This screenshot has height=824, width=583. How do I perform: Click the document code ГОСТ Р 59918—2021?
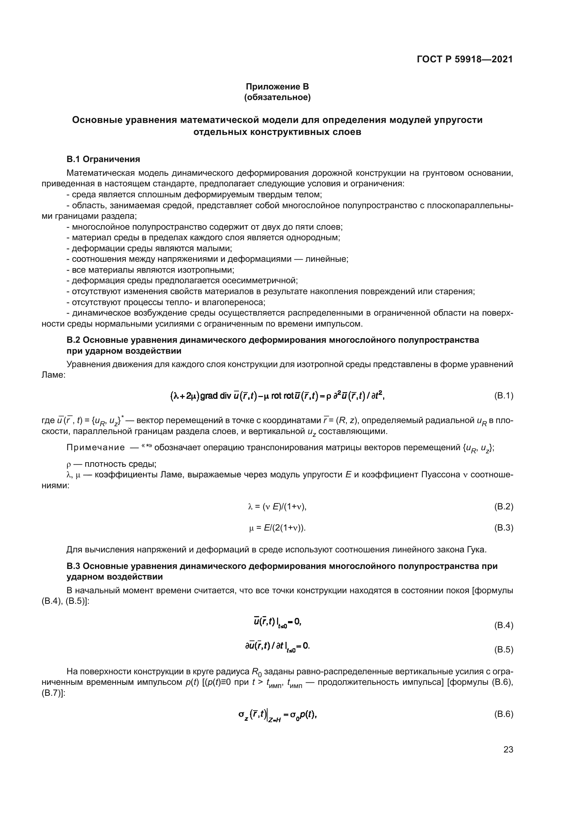tap(465, 59)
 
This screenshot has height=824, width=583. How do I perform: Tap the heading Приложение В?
tap(277, 87)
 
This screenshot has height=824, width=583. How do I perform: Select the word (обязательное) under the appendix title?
tap(277, 97)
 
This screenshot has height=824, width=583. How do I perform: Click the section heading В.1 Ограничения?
tap(103, 159)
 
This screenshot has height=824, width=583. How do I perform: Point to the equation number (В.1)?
tap(503, 396)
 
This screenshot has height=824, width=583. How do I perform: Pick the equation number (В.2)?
tap(503, 506)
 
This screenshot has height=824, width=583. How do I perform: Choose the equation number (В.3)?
tap(503, 528)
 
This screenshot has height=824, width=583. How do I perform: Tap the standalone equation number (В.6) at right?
tap(503, 724)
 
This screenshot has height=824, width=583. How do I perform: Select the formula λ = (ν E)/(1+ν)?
tap(277, 506)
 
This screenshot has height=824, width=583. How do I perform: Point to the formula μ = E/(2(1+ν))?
tap(277, 528)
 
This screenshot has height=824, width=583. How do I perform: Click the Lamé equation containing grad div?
tap(277, 396)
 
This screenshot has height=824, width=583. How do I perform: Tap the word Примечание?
tap(96, 447)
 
